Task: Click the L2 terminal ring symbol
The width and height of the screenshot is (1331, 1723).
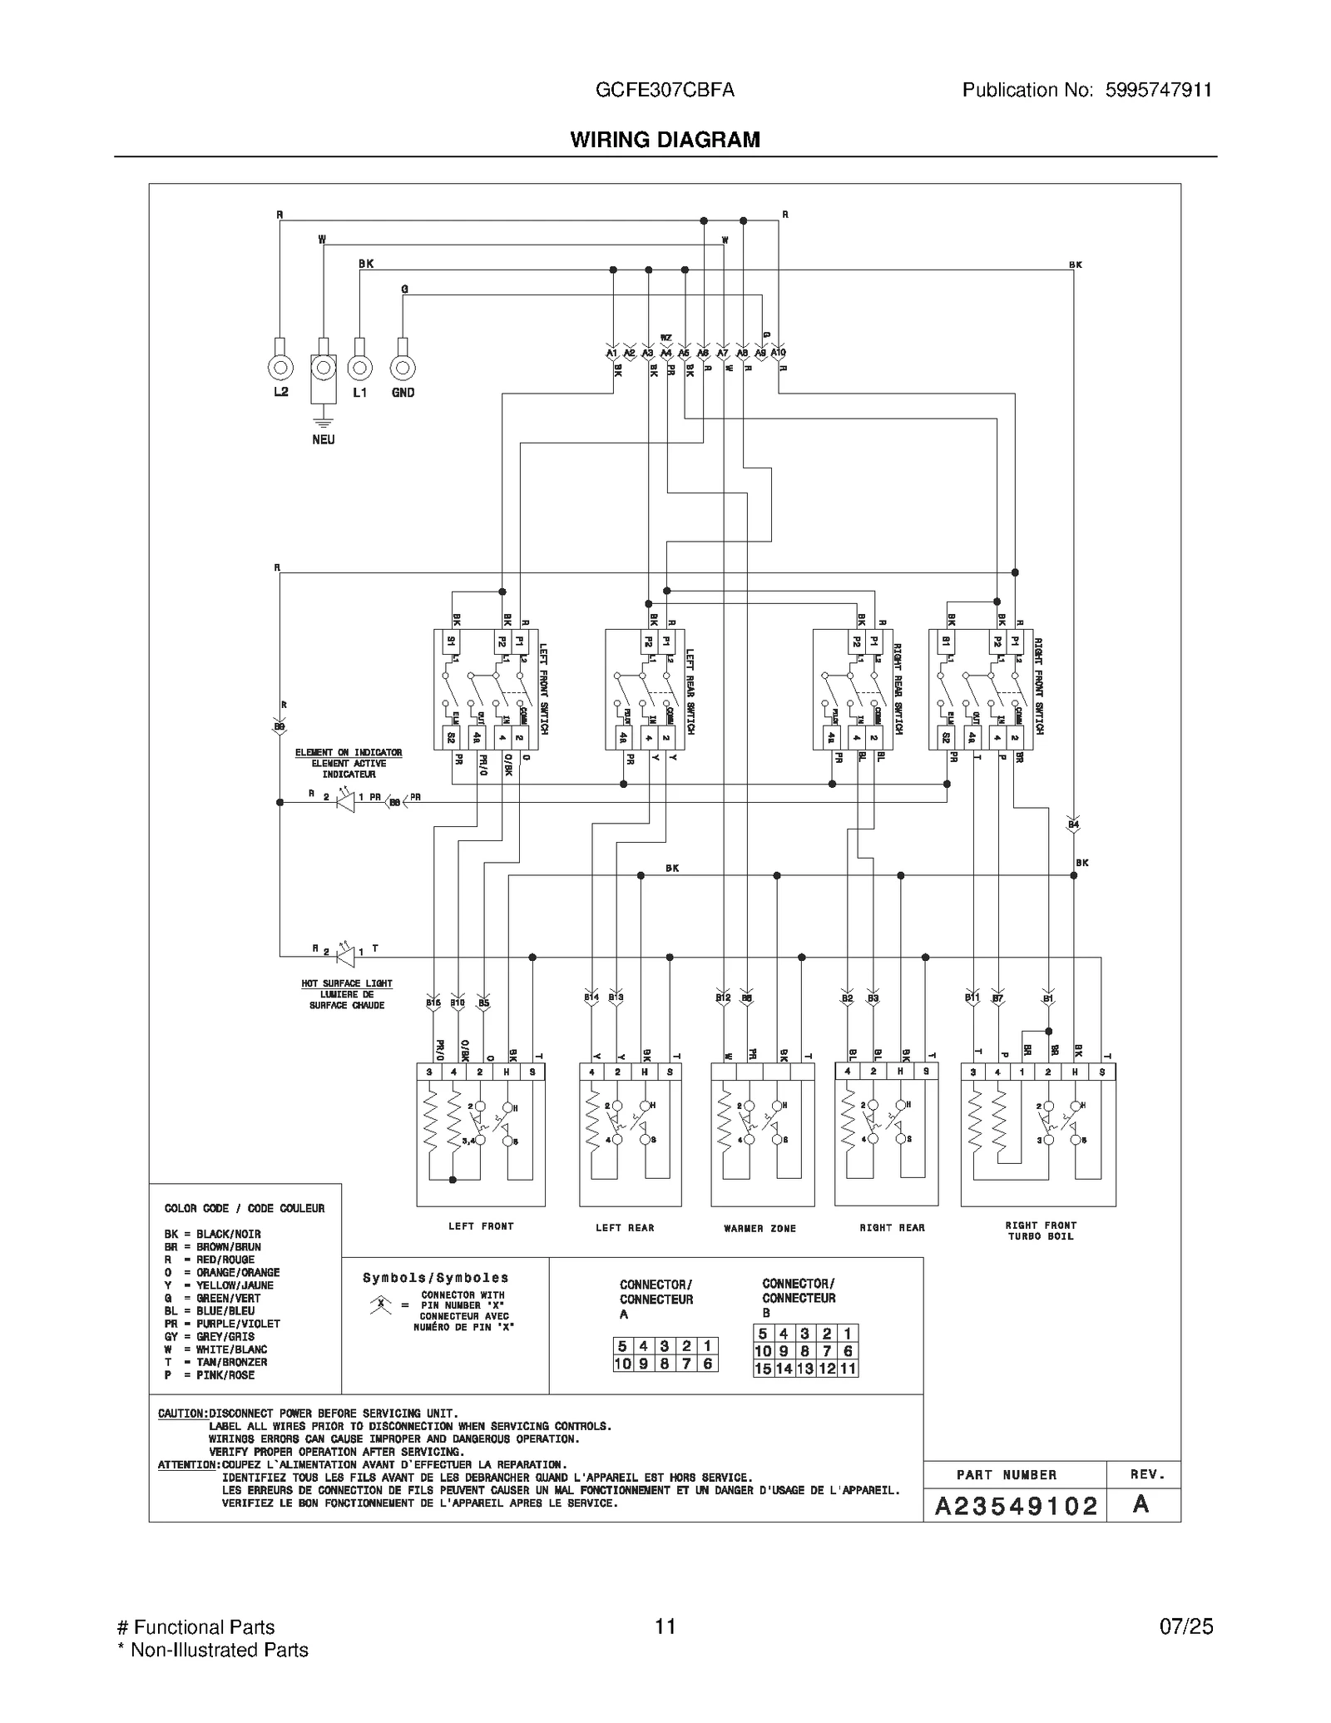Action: [280, 367]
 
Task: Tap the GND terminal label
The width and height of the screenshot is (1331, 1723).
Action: [403, 393]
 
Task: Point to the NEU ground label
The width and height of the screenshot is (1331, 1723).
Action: [324, 439]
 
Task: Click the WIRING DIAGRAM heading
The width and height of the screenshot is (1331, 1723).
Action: [665, 140]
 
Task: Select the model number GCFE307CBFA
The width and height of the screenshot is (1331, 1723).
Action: [665, 90]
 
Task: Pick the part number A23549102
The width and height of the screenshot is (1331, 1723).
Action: [1016, 1506]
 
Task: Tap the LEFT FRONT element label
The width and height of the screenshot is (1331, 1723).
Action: [481, 1226]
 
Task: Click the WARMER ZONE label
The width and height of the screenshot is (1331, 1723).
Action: [760, 1228]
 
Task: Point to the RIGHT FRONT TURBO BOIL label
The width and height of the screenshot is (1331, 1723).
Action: [1040, 1230]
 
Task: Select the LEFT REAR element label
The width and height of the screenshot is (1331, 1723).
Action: [625, 1227]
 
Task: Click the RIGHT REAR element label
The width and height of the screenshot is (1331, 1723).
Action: [892, 1227]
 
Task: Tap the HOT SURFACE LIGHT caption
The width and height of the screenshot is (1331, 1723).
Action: [347, 983]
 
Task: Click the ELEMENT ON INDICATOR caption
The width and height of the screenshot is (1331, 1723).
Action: [349, 752]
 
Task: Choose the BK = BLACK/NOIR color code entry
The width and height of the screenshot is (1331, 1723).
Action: [212, 1234]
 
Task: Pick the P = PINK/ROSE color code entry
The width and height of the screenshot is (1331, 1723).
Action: [209, 1375]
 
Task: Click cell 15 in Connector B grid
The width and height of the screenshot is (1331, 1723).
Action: [763, 1369]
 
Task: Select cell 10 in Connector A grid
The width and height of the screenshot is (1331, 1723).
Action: [622, 1364]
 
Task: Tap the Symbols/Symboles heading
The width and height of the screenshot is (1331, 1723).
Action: [435, 1278]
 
